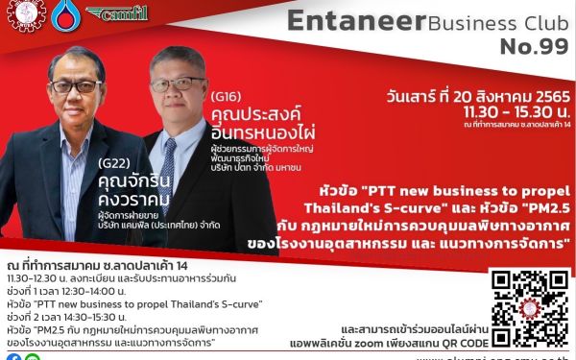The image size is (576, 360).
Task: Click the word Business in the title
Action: (x=456, y=23)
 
